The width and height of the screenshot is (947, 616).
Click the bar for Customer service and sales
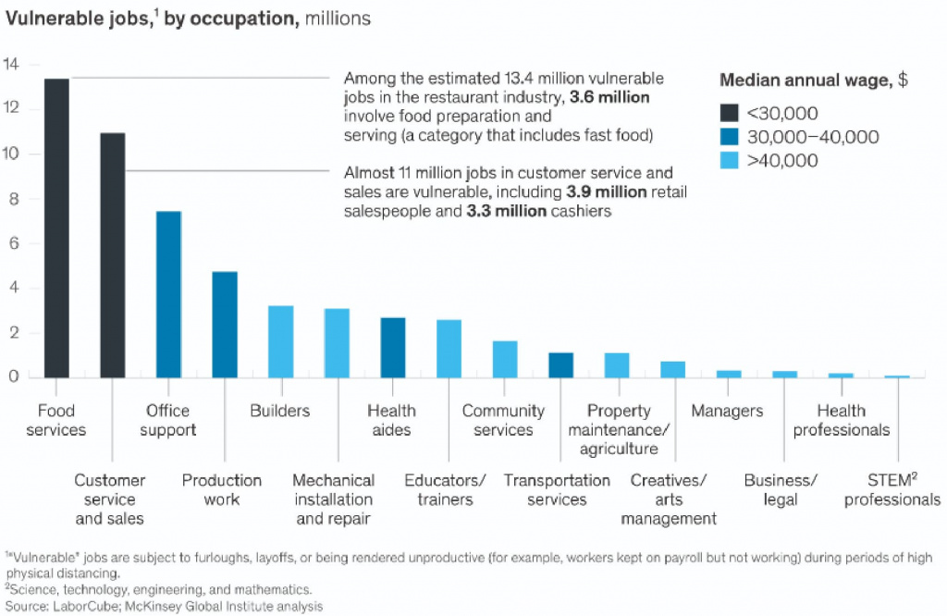pos(113,255)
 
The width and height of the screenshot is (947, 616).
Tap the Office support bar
pos(168,294)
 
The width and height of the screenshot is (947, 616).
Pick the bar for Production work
pos(225,325)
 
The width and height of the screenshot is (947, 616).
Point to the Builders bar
pos(280,341)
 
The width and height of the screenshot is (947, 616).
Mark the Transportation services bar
pos(560,365)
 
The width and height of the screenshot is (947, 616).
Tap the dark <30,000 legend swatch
pos(730,113)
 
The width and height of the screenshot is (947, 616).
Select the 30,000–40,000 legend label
pos(812,137)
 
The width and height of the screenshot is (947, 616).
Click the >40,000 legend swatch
pos(730,161)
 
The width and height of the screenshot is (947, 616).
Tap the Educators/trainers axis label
pos(445,490)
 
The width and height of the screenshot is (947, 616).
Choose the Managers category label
pos(727,411)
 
